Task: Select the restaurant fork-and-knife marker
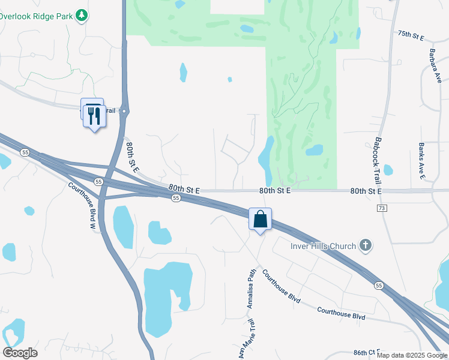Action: tap(94, 115)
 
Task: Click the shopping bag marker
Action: tap(261, 219)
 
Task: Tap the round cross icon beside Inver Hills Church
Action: tap(365, 245)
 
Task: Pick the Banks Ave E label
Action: tap(422, 161)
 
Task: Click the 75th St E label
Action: tap(411, 37)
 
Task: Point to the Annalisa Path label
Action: tap(252, 289)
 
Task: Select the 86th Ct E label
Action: tap(367, 352)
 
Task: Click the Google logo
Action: tap(20, 352)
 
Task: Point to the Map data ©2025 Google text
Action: tap(412, 355)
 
